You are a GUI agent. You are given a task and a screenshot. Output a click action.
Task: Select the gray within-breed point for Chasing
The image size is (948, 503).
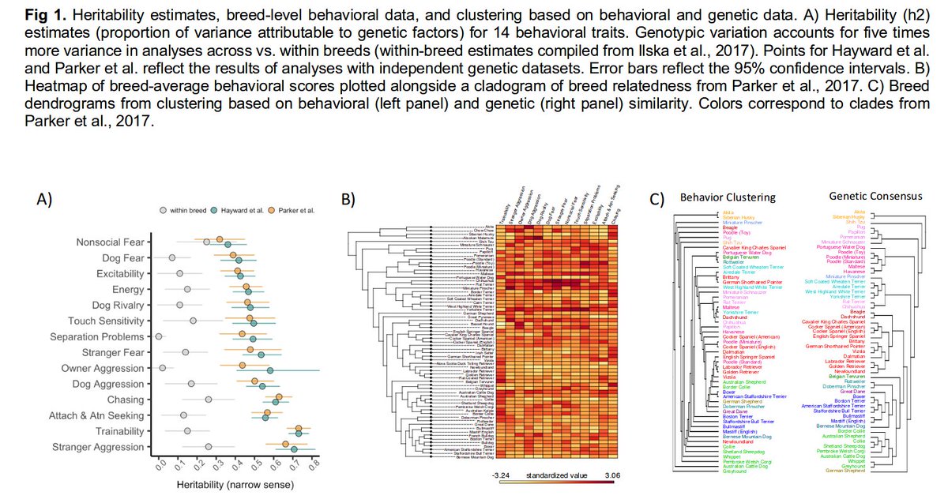pos(209,400)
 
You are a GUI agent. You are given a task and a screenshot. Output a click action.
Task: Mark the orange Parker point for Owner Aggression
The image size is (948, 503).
pos(243,365)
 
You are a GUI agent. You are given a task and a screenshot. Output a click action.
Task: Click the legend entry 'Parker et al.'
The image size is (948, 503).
pos(297,211)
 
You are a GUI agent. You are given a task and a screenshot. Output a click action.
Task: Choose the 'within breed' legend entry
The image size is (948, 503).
pos(190,211)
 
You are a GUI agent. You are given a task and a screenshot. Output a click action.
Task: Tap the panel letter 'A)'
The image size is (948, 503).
pos(46,199)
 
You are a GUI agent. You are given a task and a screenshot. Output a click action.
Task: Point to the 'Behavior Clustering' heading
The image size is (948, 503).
pos(728,197)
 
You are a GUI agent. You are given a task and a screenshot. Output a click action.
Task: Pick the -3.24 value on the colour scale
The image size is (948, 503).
pos(502,476)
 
